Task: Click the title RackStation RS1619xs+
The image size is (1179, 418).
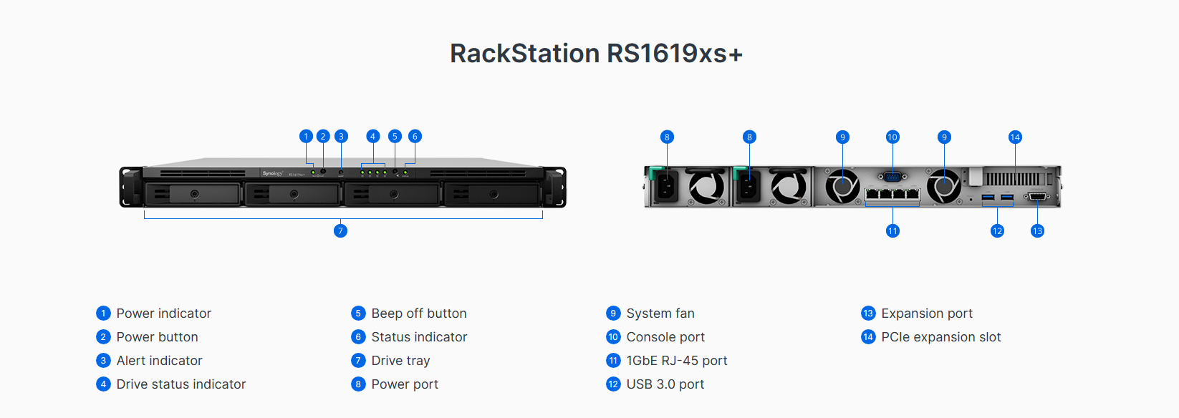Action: click(x=596, y=53)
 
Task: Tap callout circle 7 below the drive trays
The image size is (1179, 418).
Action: click(x=340, y=230)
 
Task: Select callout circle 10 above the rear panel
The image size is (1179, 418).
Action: click(x=892, y=137)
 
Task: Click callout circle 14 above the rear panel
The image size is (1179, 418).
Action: click(x=1015, y=137)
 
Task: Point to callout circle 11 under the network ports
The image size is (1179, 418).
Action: click(x=892, y=230)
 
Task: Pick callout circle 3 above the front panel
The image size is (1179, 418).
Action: click(x=341, y=136)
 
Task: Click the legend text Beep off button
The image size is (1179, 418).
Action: click(x=419, y=313)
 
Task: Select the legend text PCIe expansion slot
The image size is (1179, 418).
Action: click(x=941, y=337)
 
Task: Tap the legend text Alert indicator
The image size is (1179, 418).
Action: click(x=160, y=361)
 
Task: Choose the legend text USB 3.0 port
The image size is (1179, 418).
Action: click(x=665, y=384)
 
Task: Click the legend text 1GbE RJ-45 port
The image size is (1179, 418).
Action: click(x=677, y=361)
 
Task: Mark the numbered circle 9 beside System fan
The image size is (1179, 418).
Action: click(x=613, y=313)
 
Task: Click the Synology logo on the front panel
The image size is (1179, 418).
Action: click(x=273, y=173)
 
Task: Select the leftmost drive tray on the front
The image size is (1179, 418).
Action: click(x=193, y=194)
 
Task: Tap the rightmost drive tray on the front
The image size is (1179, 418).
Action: click(x=492, y=194)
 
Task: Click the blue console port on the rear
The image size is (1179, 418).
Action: click(x=892, y=177)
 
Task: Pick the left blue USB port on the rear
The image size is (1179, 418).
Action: click(x=988, y=197)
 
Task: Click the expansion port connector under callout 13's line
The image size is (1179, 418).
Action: click(x=1037, y=197)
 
